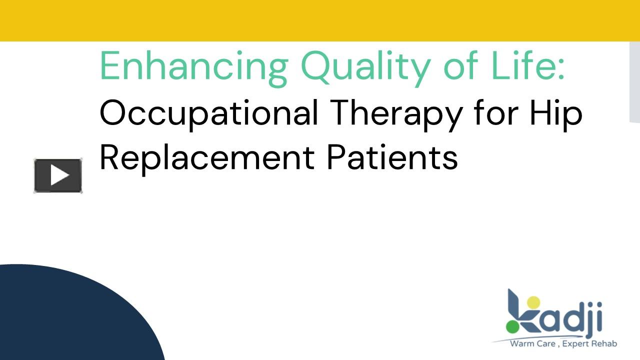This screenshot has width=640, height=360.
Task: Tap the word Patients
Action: coord(392,157)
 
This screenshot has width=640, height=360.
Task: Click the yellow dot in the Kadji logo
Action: coord(534,302)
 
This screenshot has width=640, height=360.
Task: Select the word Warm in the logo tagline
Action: coord(521,343)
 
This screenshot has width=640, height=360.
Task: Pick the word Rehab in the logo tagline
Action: coord(605,343)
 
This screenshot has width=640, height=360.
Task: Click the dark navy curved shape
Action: coord(65,315)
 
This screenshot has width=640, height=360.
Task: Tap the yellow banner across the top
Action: coord(320,20)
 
